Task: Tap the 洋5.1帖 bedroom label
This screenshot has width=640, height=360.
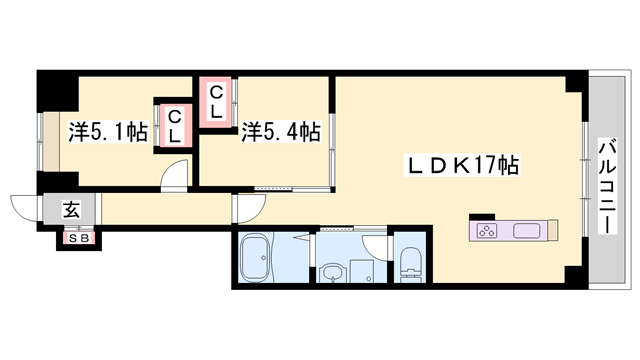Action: (x=109, y=131)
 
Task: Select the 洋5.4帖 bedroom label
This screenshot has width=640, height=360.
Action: (x=281, y=131)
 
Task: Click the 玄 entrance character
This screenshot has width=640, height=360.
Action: (x=72, y=210)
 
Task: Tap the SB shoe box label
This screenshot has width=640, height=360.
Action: (x=77, y=238)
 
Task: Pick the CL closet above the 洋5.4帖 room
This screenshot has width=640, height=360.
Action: (x=216, y=101)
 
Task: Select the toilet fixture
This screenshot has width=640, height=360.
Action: (x=409, y=263)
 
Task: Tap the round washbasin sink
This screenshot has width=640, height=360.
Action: (x=332, y=271)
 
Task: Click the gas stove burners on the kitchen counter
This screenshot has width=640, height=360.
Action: (x=488, y=232)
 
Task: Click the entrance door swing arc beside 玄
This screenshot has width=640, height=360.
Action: (x=27, y=207)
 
